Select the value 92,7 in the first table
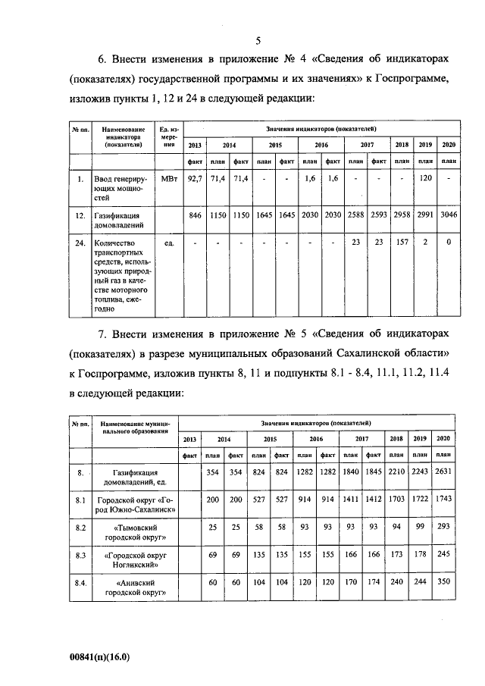194,179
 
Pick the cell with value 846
195,216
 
